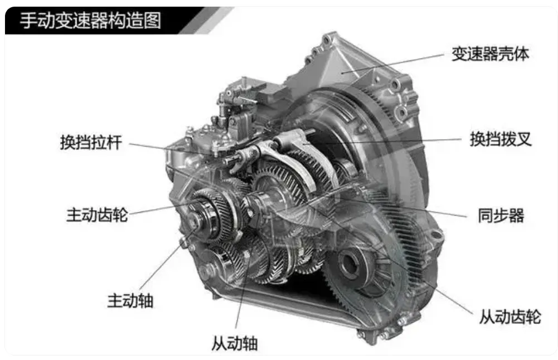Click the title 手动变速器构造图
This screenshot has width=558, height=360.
coord(90,21)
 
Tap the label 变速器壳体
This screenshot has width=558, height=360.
coord(491,54)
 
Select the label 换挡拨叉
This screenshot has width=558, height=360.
coord(501,139)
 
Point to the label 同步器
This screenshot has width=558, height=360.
coord(501,216)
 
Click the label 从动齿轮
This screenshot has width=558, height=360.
coord(510,316)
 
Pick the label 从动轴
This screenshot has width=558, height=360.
coord(234,343)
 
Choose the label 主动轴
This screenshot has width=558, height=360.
coord(130,300)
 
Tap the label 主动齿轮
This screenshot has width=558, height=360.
coord(97,215)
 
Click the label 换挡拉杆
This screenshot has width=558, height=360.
coord(91,142)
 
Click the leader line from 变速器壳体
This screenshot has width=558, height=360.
coord(394,64)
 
